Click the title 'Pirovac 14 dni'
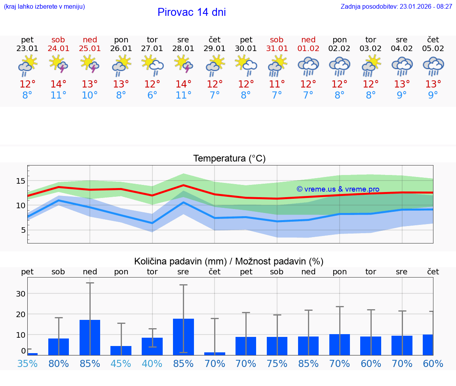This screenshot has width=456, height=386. (192, 12)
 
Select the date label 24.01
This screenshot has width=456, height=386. (58, 49)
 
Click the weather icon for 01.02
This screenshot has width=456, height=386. (308, 67)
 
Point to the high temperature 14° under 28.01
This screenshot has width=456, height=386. (183, 84)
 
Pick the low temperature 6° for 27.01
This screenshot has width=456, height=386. (152, 95)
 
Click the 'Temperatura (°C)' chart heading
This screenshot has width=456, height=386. (229, 159)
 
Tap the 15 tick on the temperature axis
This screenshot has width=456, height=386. (20, 181)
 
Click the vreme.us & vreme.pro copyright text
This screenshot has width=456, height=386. (338, 189)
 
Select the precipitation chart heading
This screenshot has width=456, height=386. (229, 261)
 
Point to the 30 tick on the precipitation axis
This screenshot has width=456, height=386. (20, 294)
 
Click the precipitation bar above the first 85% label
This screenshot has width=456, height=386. (90, 337)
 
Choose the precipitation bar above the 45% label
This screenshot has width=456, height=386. (121, 350)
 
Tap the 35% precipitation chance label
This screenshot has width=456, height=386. (27, 363)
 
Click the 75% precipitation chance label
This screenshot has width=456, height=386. (277, 363)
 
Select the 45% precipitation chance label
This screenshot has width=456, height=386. (121, 363)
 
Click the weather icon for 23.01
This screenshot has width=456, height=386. (27, 67)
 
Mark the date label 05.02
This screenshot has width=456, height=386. (433, 49)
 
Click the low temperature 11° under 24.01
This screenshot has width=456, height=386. (58, 95)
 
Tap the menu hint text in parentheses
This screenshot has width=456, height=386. (44, 6)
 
